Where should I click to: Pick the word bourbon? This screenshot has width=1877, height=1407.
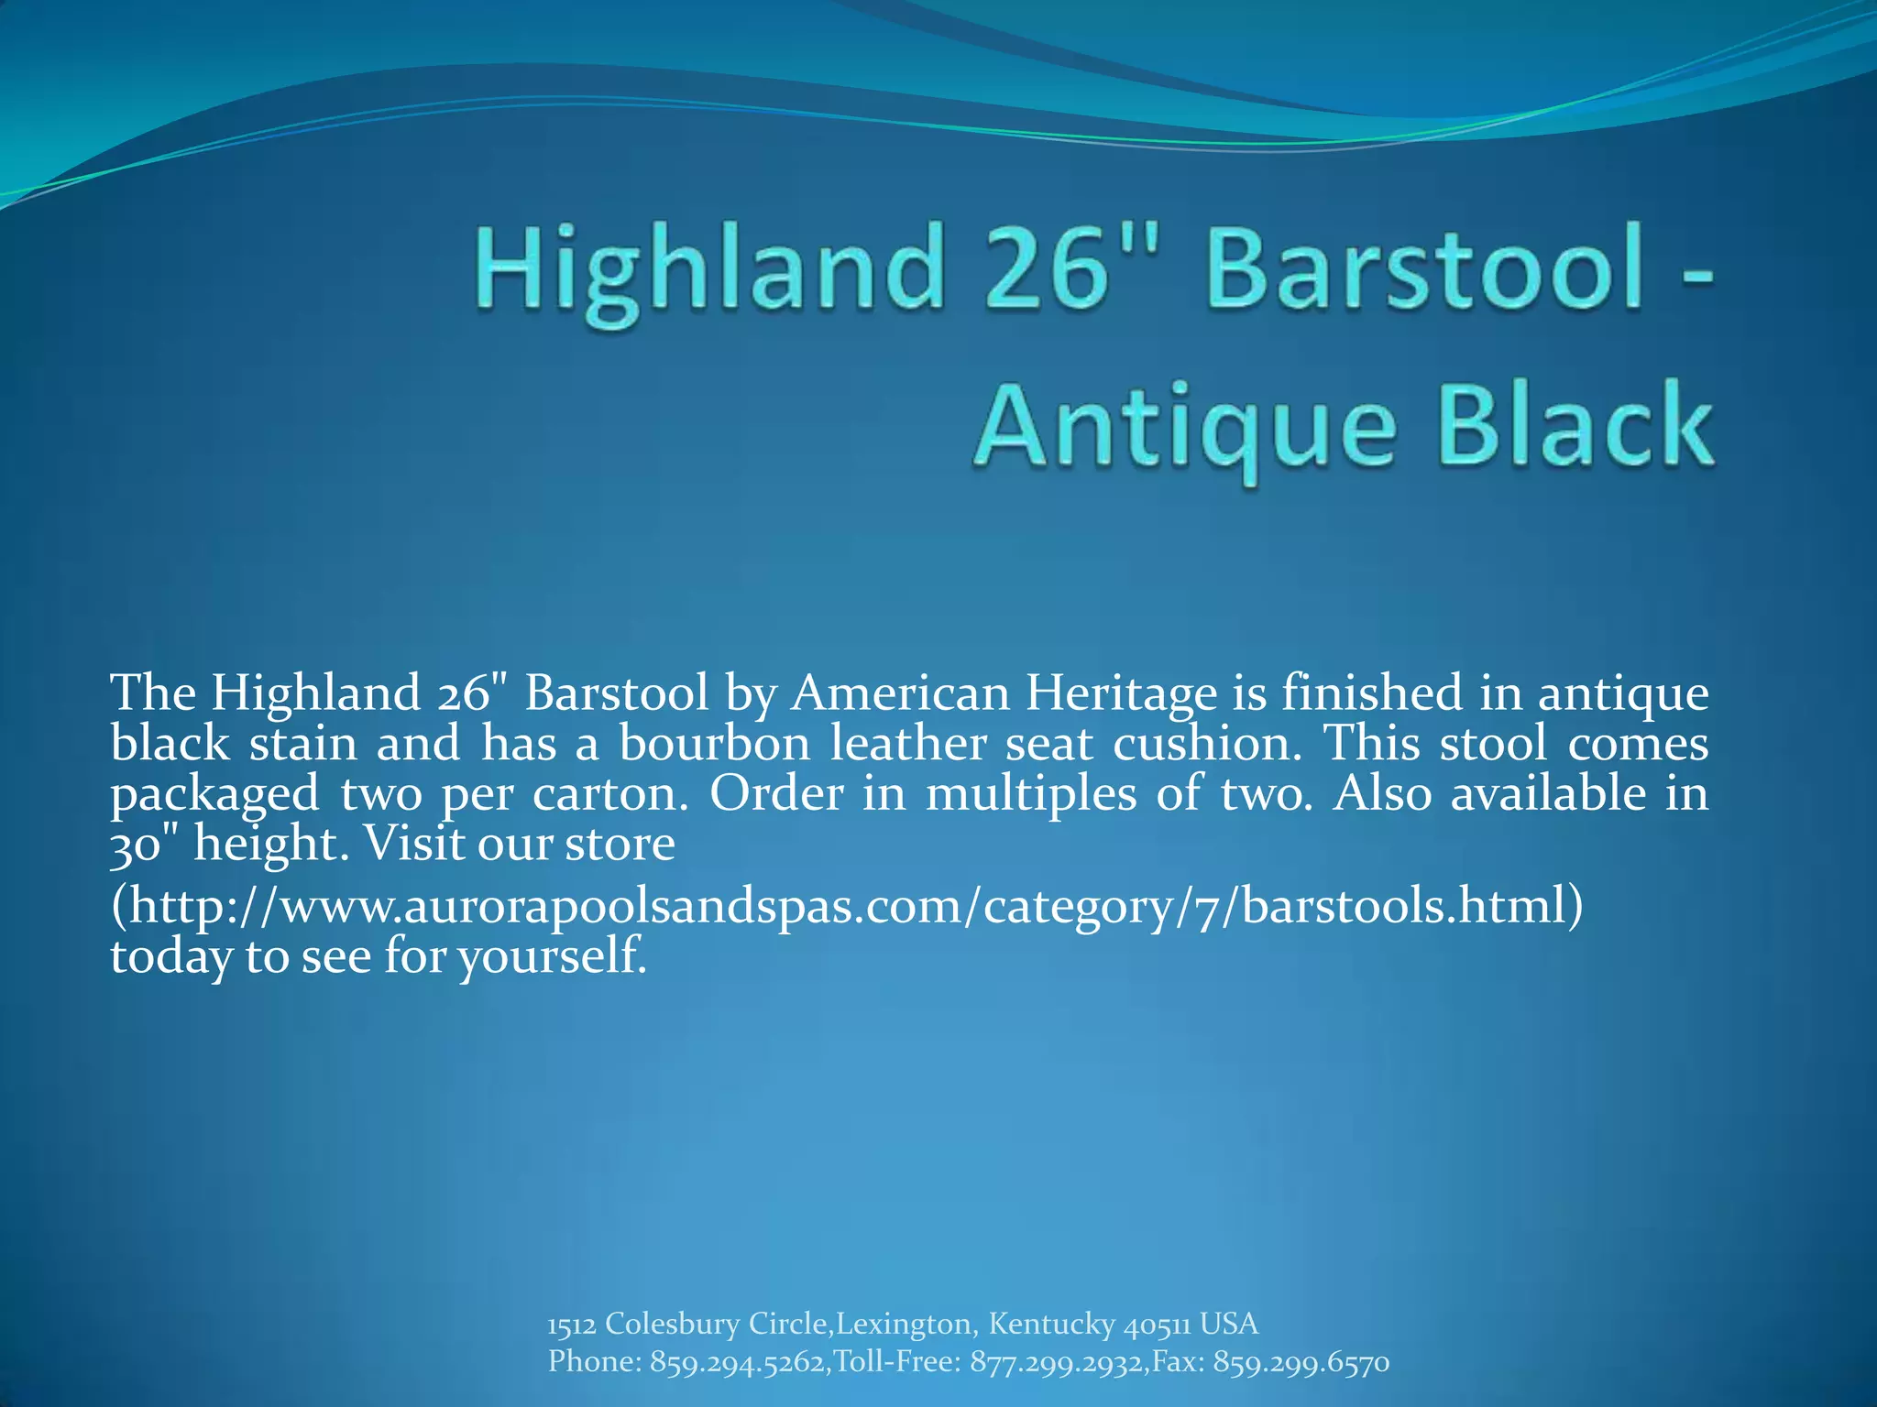(x=714, y=743)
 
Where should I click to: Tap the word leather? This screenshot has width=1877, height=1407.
(x=907, y=743)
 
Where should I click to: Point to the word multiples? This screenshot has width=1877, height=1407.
(x=1030, y=793)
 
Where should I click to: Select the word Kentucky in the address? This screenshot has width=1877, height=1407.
(x=1051, y=1324)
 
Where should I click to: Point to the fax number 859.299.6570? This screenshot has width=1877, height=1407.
(x=1301, y=1362)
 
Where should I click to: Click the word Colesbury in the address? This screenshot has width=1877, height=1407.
(x=672, y=1324)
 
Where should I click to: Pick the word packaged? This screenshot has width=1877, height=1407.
(x=214, y=793)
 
